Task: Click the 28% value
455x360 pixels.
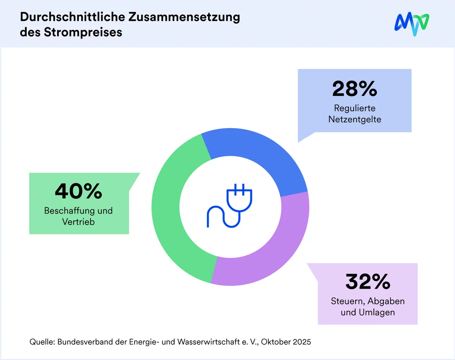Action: [354, 89]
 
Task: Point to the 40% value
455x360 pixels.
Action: [79, 191]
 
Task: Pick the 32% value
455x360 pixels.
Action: [368, 282]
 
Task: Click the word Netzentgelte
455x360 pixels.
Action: [355, 119]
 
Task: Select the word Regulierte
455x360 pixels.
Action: [355, 108]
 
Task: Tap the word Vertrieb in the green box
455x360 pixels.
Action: [79, 221]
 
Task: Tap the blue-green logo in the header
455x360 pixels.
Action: [412, 24]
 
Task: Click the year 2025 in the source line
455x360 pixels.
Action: [301, 342]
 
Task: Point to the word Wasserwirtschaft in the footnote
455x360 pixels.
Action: [211, 342]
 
